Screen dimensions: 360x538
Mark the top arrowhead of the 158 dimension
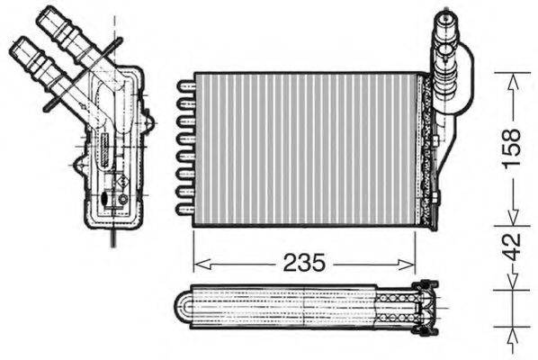click(x=510, y=79)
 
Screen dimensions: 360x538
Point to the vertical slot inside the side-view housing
click(x=104, y=148)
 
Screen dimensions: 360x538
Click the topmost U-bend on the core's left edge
click(x=185, y=86)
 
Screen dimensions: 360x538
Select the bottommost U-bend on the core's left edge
click(x=185, y=209)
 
